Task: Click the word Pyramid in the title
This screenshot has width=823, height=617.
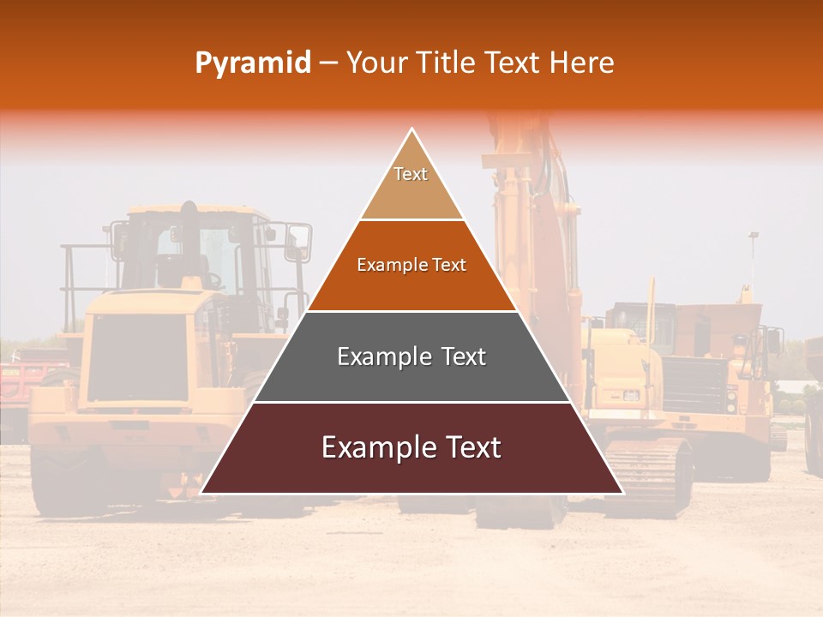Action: (x=252, y=63)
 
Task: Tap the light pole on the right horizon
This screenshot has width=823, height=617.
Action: (x=753, y=257)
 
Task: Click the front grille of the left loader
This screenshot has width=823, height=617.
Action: (x=137, y=360)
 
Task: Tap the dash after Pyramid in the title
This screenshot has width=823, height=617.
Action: (x=327, y=63)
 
